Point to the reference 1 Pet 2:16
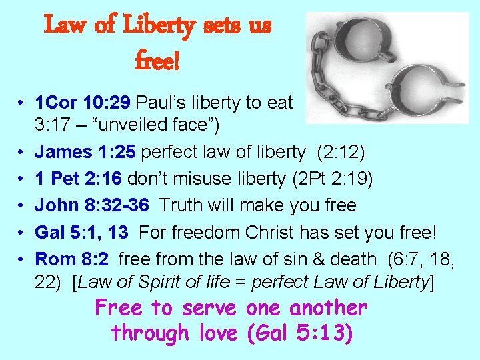(x=79, y=178)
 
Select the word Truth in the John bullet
(x=183, y=205)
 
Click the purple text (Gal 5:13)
(x=299, y=332)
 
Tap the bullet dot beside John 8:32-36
(x=22, y=205)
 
